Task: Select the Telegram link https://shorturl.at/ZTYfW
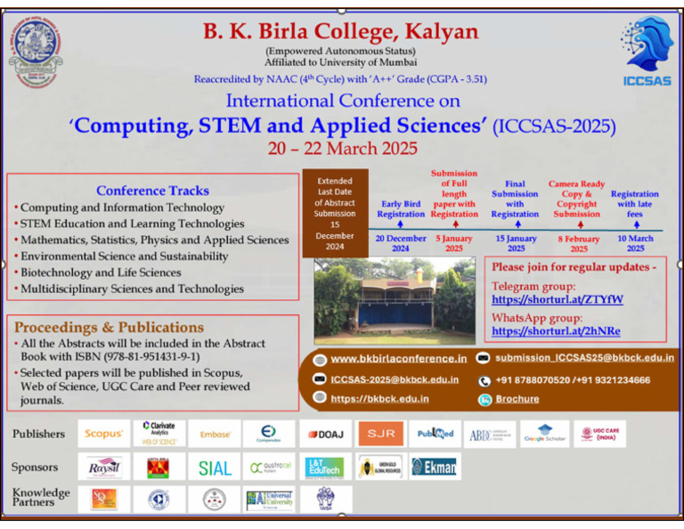point(558,300)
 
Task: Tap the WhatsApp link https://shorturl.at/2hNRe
point(556,331)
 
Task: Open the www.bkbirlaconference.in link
point(398,358)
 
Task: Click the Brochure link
point(517,400)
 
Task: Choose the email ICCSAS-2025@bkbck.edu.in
point(395,379)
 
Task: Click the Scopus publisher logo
point(103,434)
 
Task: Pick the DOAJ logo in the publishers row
point(325,435)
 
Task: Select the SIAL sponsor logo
point(215,468)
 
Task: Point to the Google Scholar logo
point(544,435)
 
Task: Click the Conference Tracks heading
point(152,191)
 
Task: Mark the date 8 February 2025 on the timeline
point(577,243)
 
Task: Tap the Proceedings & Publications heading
point(109,327)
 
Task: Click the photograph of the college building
point(394,301)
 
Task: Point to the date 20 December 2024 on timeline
point(400,243)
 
